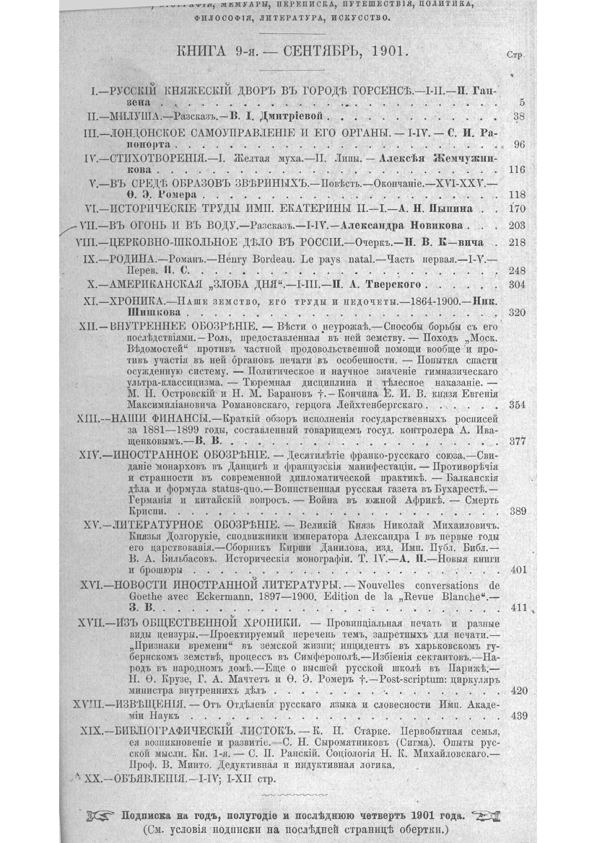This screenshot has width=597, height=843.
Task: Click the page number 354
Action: click(517, 405)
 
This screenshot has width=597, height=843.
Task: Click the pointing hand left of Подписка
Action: click(99, 815)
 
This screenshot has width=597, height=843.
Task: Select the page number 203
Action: click(517, 225)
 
